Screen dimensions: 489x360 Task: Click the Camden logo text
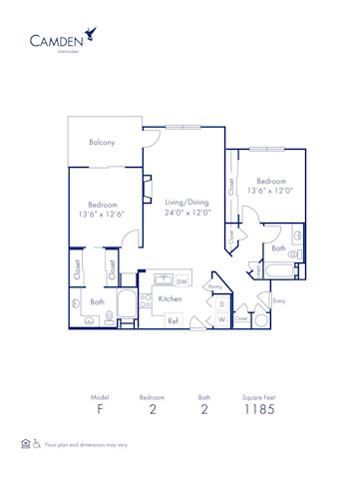click(x=56, y=42)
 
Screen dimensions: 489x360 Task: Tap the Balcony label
click(x=101, y=142)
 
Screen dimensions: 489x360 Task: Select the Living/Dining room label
click(x=187, y=202)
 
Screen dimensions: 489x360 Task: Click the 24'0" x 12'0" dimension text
click(x=187, y=213)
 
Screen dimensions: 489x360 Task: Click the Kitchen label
click(x=170, y=298)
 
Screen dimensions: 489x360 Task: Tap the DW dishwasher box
click(x=181, y=281)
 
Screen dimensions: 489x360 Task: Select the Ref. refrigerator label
click(x=173, y=320)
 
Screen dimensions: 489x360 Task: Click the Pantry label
click(x=214, y=287)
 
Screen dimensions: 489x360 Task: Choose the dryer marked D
click(x=221, y=303)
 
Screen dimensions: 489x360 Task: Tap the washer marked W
click(x=221, y=319)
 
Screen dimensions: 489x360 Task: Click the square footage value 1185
click(x=258, y=409)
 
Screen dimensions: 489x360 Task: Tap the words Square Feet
click(x=258, y=396)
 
